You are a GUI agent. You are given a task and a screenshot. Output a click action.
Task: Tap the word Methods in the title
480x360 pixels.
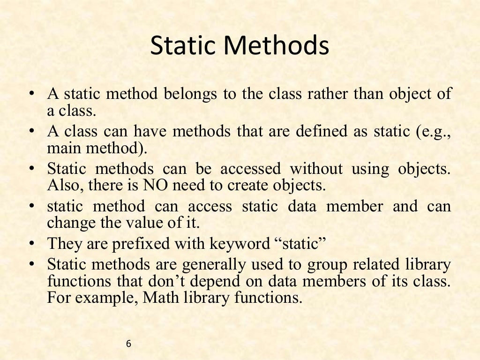[x=276, y=46]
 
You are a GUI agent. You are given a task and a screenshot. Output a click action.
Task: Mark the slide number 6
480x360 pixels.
[x=129, y=344]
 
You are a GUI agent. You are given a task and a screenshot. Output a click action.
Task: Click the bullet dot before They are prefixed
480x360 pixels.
[x=31, y=243]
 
